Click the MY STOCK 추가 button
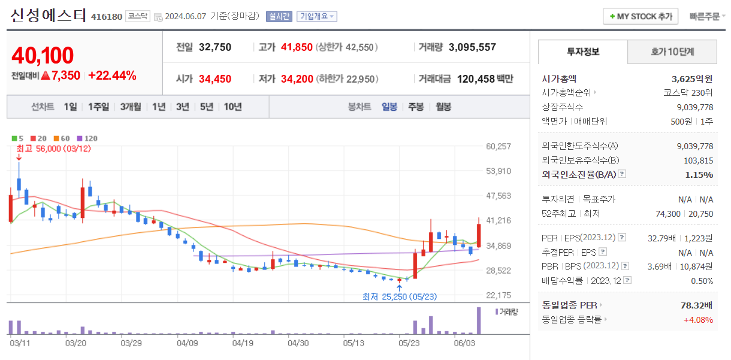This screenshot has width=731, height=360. (x=640, y=16)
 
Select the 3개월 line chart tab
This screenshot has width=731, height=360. (x=130, y=107)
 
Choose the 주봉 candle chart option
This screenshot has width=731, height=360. (x=416, y=107)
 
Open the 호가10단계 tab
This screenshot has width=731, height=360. (x=672, y=52)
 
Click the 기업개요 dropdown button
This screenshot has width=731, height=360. (x=317, y=16)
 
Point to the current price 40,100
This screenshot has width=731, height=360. (x=43, y=55)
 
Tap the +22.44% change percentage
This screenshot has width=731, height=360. (x=112, y=75)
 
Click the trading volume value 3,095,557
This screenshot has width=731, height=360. (x=472, y=47)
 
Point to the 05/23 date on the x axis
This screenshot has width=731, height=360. (x=409, y=343)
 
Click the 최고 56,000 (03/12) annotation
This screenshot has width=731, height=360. (x=53, y=149)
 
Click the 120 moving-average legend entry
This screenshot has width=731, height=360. (x=87, y=138)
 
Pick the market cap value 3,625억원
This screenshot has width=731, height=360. (x=692, y=78)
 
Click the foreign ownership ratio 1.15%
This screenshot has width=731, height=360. (x=699, y=174)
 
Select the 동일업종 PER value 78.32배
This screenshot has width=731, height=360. (x=697, y=305)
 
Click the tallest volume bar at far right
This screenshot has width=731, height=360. (x=479, y=320)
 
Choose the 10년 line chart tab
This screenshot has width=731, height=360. (x=232, y=107)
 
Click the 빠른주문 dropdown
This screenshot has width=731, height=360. (x=706, y=16)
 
